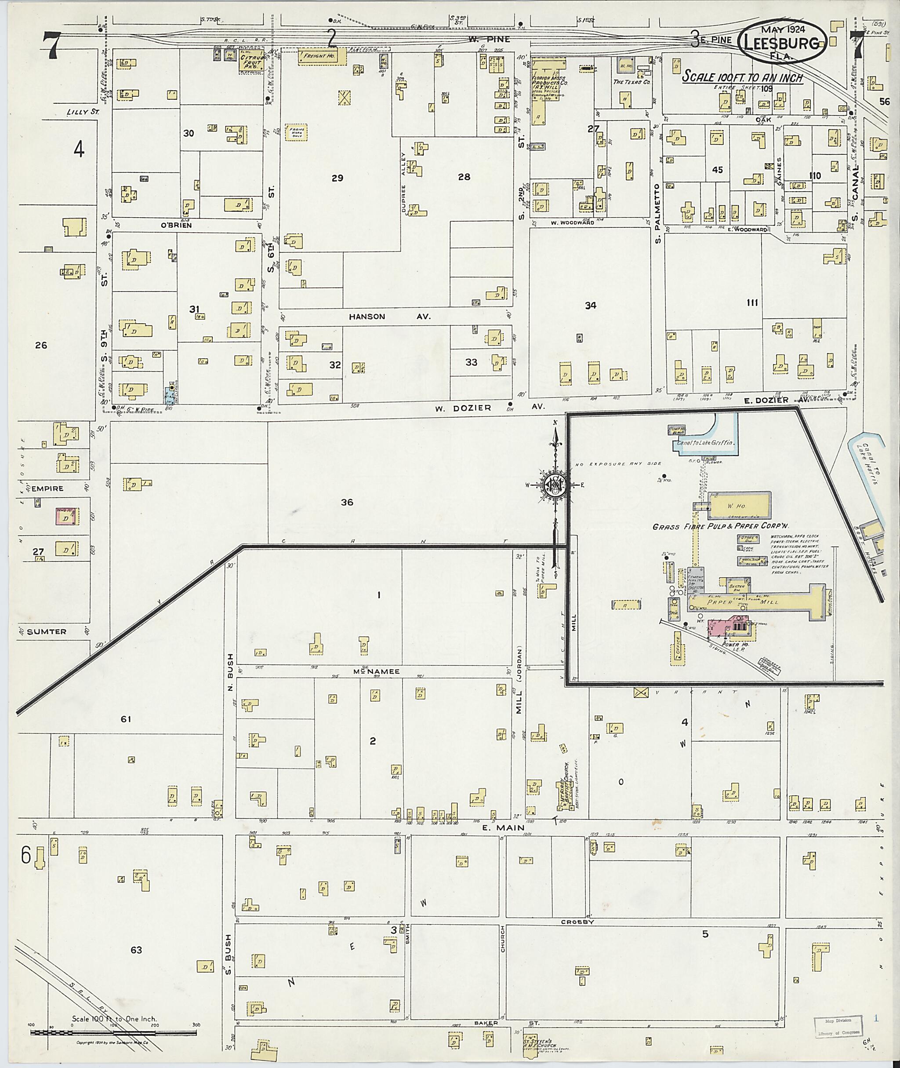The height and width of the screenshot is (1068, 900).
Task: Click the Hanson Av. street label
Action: (389, 317)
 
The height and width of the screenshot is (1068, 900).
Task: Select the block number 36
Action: (347, 503)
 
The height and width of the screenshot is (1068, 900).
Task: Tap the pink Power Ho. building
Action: (732, 627)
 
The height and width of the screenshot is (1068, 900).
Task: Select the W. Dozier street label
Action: (463, 408)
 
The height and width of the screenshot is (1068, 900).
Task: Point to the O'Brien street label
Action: (176, 225)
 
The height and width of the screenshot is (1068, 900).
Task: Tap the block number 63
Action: (136, 950)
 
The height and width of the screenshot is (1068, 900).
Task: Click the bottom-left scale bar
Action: (113, 1032)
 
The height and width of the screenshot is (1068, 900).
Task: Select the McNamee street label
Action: (383, 672)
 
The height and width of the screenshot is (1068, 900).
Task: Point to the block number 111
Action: (751, 303)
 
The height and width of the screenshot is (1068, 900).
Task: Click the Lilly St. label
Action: (82, 111)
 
